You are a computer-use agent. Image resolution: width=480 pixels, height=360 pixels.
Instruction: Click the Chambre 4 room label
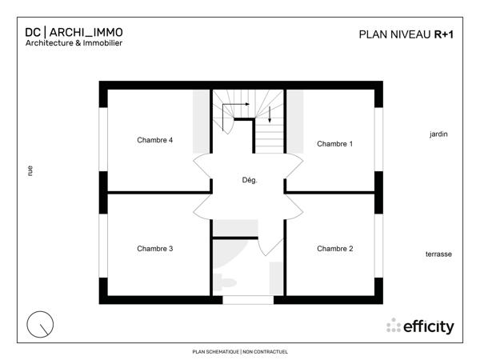pos(154,140)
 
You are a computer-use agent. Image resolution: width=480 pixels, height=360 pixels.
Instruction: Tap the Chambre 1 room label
pos(334,144)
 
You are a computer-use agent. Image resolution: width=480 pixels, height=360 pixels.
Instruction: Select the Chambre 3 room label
pos(154,248)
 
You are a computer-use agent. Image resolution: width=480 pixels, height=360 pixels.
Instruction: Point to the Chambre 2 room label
pos(334,249)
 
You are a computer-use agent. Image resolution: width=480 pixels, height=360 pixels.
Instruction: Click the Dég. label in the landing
pos(249,180)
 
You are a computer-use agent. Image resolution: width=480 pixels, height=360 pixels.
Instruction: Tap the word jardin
pos(438,134)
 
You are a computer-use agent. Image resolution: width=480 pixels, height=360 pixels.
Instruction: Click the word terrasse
pos(438,254)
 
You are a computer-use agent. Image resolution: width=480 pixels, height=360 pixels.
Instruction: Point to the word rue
pos(30,170)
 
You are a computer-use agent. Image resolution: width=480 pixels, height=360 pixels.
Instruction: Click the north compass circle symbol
pos(40,325)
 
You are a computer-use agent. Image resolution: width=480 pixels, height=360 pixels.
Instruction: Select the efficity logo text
pos(429,326)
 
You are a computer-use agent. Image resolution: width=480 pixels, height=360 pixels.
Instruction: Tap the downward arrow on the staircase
pos(270,114)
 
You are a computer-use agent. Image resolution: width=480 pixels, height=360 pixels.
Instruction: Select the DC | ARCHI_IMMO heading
pos(74,32)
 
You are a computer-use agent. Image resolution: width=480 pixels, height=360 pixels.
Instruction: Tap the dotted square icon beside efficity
pos(394,326)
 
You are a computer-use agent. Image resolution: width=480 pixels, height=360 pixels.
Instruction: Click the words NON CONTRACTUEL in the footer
pos(265,351)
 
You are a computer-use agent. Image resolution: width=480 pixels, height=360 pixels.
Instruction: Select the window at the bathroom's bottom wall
pos(248,299)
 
